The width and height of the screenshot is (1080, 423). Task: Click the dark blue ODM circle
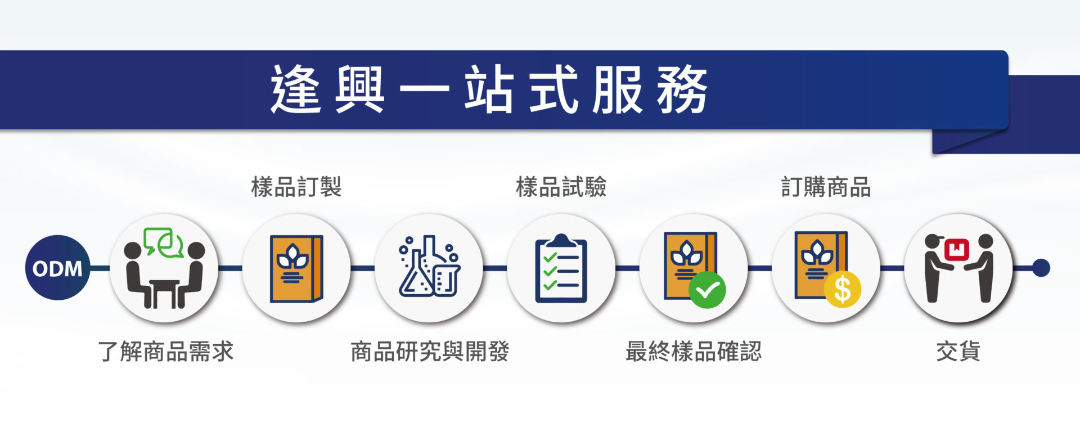click(x=57, y=268)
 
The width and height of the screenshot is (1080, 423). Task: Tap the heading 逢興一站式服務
click(x=489, y=89)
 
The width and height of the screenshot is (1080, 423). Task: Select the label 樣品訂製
click(x=296, y=187)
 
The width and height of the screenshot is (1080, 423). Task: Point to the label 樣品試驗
click(x=561, y=187)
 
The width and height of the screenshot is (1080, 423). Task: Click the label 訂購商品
click(x=826, y=187)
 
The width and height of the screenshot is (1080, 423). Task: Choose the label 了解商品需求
click(x=165, y=352)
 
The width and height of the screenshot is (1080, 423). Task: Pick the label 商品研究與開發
click(x=430, y=352)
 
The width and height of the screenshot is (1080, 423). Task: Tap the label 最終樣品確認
click(x=694, y=352)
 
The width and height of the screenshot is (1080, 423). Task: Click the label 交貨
click(x=958, y=352)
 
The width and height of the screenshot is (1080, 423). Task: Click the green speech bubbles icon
click(x=163, y=242)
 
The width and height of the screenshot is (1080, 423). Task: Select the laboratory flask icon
click(x=430, y=267)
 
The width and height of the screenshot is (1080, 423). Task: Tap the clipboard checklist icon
click(x=561, y=268)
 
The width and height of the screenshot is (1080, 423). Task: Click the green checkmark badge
click(x=707, y=290)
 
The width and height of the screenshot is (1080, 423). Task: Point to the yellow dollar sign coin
click(x=843, y=290)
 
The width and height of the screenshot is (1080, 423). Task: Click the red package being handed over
click(x=957, y=249)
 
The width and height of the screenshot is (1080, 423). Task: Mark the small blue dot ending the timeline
click(x=1041, y=268)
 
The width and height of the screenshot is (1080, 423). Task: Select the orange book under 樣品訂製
click(x=296, y=268)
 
